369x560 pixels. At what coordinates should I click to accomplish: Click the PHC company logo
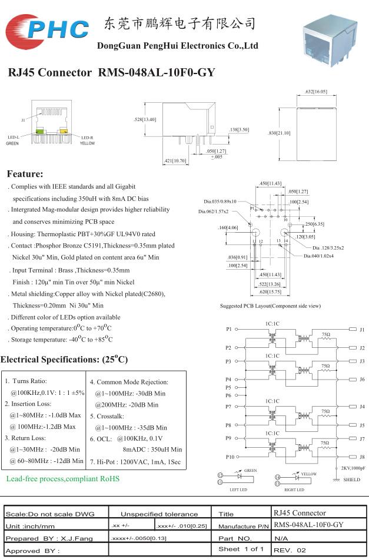pyautogui.click(x=47, y=31)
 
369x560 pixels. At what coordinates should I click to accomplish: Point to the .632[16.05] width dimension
pyautogui.click(x=317, y=92)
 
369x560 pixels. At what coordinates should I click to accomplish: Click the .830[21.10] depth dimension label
pyautogui.click(x=280, y=133)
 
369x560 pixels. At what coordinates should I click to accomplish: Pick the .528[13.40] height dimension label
pyautogui.click(x=145, y=119)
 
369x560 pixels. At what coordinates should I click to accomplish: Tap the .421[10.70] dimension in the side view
pyautogui.click(x=175, y=161)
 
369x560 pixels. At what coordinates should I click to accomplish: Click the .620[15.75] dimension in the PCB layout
pyautogui.click(x=270, y=292)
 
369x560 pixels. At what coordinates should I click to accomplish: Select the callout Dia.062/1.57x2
pyautogui.click(x=214, y=212)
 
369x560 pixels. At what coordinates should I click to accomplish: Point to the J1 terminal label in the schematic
pyautogui.click(x=362, y=330)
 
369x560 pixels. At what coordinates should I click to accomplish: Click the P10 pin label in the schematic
pyautogui.click(x=230, y=457)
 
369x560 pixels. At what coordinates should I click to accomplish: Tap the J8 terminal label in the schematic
pyautogui.click(x=362, y=457)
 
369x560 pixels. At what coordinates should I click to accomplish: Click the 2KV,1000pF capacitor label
pyautogui.click(x=353, y=468)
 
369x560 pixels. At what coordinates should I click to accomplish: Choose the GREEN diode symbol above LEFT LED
pyautogui.click(x=240, y=476)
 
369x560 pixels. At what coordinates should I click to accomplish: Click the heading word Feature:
pyautogui.click(x=25, y=174)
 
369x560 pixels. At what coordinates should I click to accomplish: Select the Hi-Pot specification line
pyautogui.click(x=135, y=462)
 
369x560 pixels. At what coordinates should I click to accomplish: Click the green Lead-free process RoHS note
pyautogui.click(x=63, y=478)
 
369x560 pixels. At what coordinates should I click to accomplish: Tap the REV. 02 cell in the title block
pyautogui.click(x=290, y=551)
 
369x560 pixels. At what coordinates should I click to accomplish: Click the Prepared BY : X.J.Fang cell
pyautogui.click(x=49, y=538)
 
